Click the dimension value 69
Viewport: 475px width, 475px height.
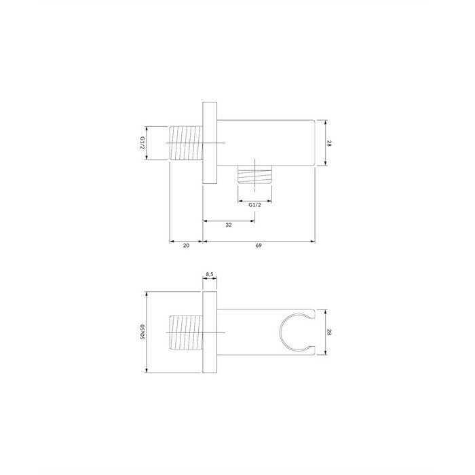pyautogui.click(x=258, y=246)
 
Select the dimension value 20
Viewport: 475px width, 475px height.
pyautogui.click(x=186, y=246)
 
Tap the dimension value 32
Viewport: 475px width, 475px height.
pyautogui.click(x=229, y=225)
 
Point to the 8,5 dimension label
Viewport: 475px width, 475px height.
pyautogui.click(x=210, y=274)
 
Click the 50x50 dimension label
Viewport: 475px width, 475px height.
pyautogui.click(x=142, y=332)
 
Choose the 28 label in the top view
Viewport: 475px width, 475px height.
pyautogui.click(x=329, y=143)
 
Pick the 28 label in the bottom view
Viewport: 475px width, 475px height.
pyautogui.click(x=329, y=332)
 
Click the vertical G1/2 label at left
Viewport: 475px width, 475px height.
pyautogui.click(x=142, y=142)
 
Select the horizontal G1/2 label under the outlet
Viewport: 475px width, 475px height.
pyautogui.click(x=254, y=205)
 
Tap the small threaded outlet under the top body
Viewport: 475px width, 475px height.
pyautogui.click(x=254, y=174)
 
